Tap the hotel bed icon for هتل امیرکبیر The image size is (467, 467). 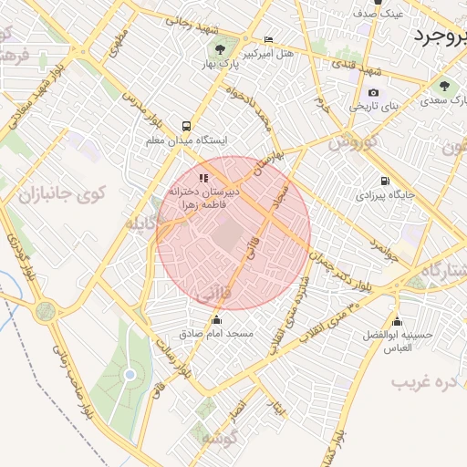pos(267,40)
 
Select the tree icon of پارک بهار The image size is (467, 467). pos(219,47)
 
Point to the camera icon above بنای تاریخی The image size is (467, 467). pos(373,92)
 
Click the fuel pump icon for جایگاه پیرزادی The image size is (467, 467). pos(385,181)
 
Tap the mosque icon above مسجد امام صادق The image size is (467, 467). pos(216,319)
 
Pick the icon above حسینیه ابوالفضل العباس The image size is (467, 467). pos(397,321)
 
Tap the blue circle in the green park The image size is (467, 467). pos(130,375)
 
